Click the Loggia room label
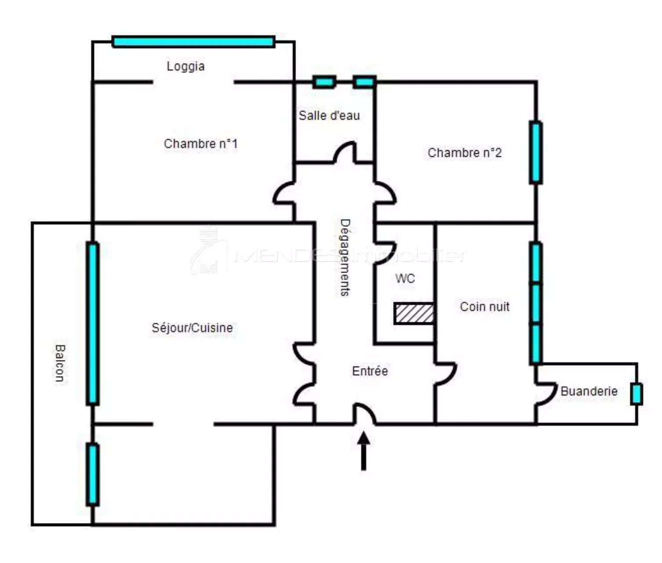click(186, 66)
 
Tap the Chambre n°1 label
click(201, 144)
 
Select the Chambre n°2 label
click(465, 152)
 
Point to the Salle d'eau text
click(329, 115)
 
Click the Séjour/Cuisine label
click(192, 328)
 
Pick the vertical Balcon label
click(60, 363)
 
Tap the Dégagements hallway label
click(345, 258)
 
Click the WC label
click(405, 278)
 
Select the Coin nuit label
click(484, 307)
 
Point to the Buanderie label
click(589, 391)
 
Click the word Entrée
click(370, 371)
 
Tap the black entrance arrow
click(364, 451)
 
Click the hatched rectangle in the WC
click(414, 314)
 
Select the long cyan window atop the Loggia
click(193, 42)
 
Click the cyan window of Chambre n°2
click(536, 152)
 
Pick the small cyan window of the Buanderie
click(637, 394)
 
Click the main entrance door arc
click(367, 411)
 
